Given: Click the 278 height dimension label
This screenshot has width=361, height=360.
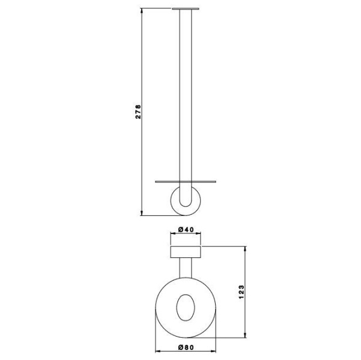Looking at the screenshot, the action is click(x=138, y=112).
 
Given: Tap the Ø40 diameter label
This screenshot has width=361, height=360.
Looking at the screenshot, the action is click(x=186, y=229).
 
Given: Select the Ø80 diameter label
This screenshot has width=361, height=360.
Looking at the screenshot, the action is click(x=186, y=347).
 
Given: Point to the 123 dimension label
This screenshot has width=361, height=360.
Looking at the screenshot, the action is click(x=241, y=292).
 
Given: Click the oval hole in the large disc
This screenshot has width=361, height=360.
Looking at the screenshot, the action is click(x=186, y=308).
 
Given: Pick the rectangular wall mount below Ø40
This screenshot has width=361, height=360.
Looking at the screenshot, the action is click(x=186, y=251).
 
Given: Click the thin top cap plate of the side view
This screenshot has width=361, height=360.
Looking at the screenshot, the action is click(x=186, y=9).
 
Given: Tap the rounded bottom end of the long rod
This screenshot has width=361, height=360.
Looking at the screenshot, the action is click(x=186, y=202).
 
